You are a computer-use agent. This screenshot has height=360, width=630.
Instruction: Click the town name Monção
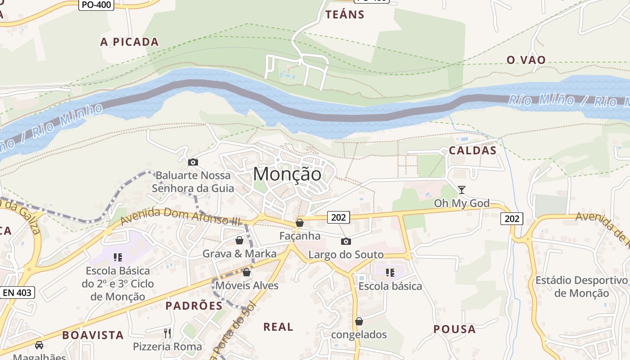click(x=288, y=174)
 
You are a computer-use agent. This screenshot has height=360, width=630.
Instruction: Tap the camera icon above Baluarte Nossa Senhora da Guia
click(x=193, y=162)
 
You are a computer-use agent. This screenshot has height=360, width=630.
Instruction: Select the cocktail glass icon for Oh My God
click(x=461, y=189)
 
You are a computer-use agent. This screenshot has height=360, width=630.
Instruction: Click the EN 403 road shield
click(x=17, y=292)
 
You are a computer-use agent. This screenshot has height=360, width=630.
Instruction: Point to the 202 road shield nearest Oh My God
click(x=512, y=219)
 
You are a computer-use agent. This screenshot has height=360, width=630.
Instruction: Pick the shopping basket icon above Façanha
click(x=299, y=223)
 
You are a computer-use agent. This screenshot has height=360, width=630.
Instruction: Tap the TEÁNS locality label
click(x=345, y=14)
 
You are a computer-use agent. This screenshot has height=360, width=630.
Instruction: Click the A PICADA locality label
click(x=130, y=42)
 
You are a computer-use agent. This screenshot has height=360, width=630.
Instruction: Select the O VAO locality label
click(x=526, y=60)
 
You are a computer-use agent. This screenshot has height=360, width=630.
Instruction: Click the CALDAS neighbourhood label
click(x=472, y=151)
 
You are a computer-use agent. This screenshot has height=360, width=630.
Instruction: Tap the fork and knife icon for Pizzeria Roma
click(x=167, y=333)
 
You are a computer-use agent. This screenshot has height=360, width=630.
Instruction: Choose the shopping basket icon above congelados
click(x=359, y=321)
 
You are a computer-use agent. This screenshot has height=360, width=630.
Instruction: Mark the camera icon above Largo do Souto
click(x=346, y=242)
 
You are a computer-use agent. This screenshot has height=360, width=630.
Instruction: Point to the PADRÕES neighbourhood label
click(x=194, y=306)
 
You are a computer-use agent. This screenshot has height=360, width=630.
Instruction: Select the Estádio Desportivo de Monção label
click(x=581, y=287)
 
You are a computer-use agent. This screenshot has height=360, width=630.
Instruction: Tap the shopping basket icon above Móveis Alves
click(x=246, y=272)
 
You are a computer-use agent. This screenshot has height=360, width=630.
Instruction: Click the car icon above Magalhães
click(x=39, y=345)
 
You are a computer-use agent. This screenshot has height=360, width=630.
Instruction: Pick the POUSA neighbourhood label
click(x=454, y=329)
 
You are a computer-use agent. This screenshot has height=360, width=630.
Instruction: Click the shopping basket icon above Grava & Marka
click(x=239, y=241)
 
